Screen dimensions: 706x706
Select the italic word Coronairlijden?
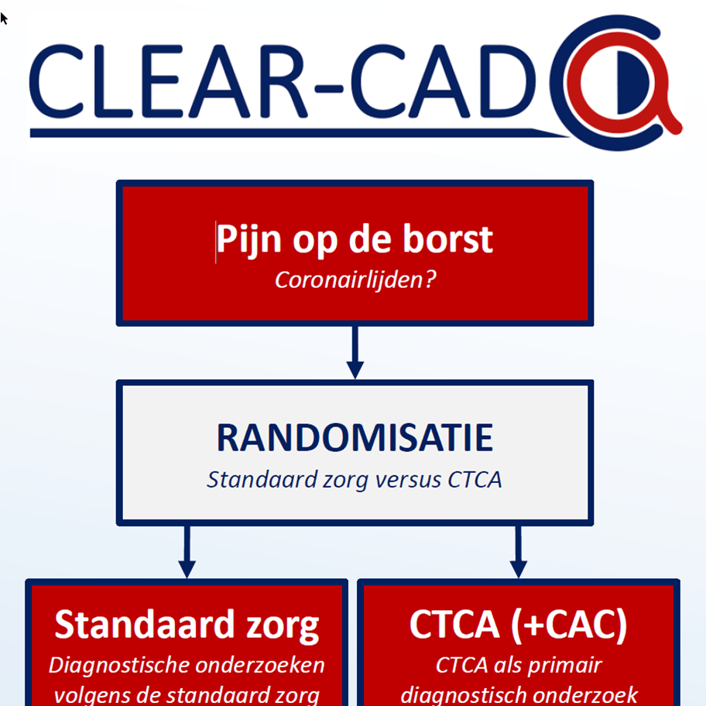(x=355, y=279)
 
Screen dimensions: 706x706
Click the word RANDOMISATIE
(x=355, y=437)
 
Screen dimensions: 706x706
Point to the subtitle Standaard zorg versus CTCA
(x=355, y=479)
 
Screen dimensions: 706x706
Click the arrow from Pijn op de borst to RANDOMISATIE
(x=355, y=352)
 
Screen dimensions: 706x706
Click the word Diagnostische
(x=113, y=665)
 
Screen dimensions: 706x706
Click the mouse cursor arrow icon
(x=4, y=17)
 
